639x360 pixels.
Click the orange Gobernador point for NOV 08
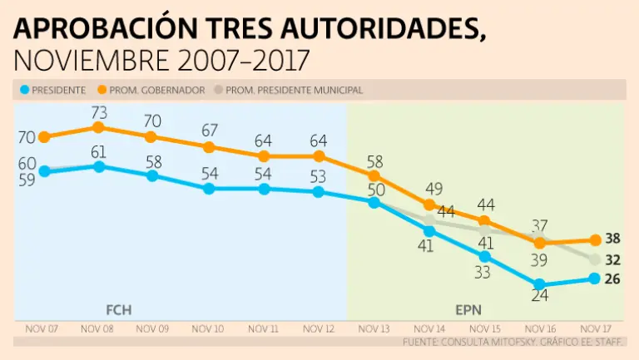pos(98,127)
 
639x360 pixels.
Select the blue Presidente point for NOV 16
pos(540,284)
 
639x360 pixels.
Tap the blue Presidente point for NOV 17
pos(595,279)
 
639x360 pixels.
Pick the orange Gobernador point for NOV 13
pos(374,175)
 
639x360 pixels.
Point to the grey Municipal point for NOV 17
pos(595,260)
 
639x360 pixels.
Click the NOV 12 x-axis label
pos(319,329)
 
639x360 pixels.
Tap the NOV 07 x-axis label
pos(42,329)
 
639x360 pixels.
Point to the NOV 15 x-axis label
pos(484,329)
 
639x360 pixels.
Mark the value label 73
pos(98,111)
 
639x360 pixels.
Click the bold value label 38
pos(613,239)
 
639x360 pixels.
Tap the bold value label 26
pos(613,279)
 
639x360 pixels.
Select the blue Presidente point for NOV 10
pos(209,189)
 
